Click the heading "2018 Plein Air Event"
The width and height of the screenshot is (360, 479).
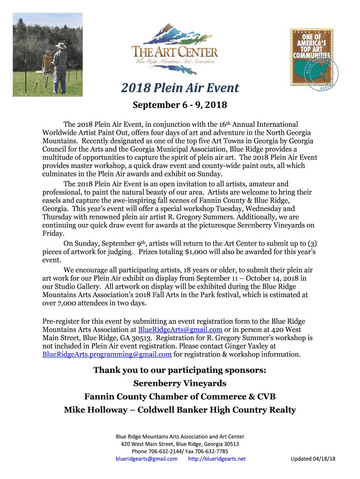tap(180, 88)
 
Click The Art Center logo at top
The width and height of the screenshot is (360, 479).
tap(175, 48)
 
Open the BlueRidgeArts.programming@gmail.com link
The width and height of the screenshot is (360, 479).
tap(107, 354)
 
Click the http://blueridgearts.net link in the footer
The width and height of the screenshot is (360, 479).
tap(216, 459)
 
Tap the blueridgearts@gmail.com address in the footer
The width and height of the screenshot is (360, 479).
tap(146, 459)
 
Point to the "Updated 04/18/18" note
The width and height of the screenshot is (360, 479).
tap(313, 459)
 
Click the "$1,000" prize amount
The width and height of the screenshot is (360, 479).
tap(198, 252)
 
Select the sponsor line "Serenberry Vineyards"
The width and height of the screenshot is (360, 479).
tap(180, 384)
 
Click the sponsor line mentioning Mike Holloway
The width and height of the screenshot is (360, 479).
tap(180, 410)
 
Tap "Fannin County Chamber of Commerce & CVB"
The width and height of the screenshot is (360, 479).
tap(180, 397)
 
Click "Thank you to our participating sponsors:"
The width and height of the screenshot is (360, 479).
tap(180, 370)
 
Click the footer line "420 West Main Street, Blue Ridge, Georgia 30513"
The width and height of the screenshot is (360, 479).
tap(180, 444)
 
